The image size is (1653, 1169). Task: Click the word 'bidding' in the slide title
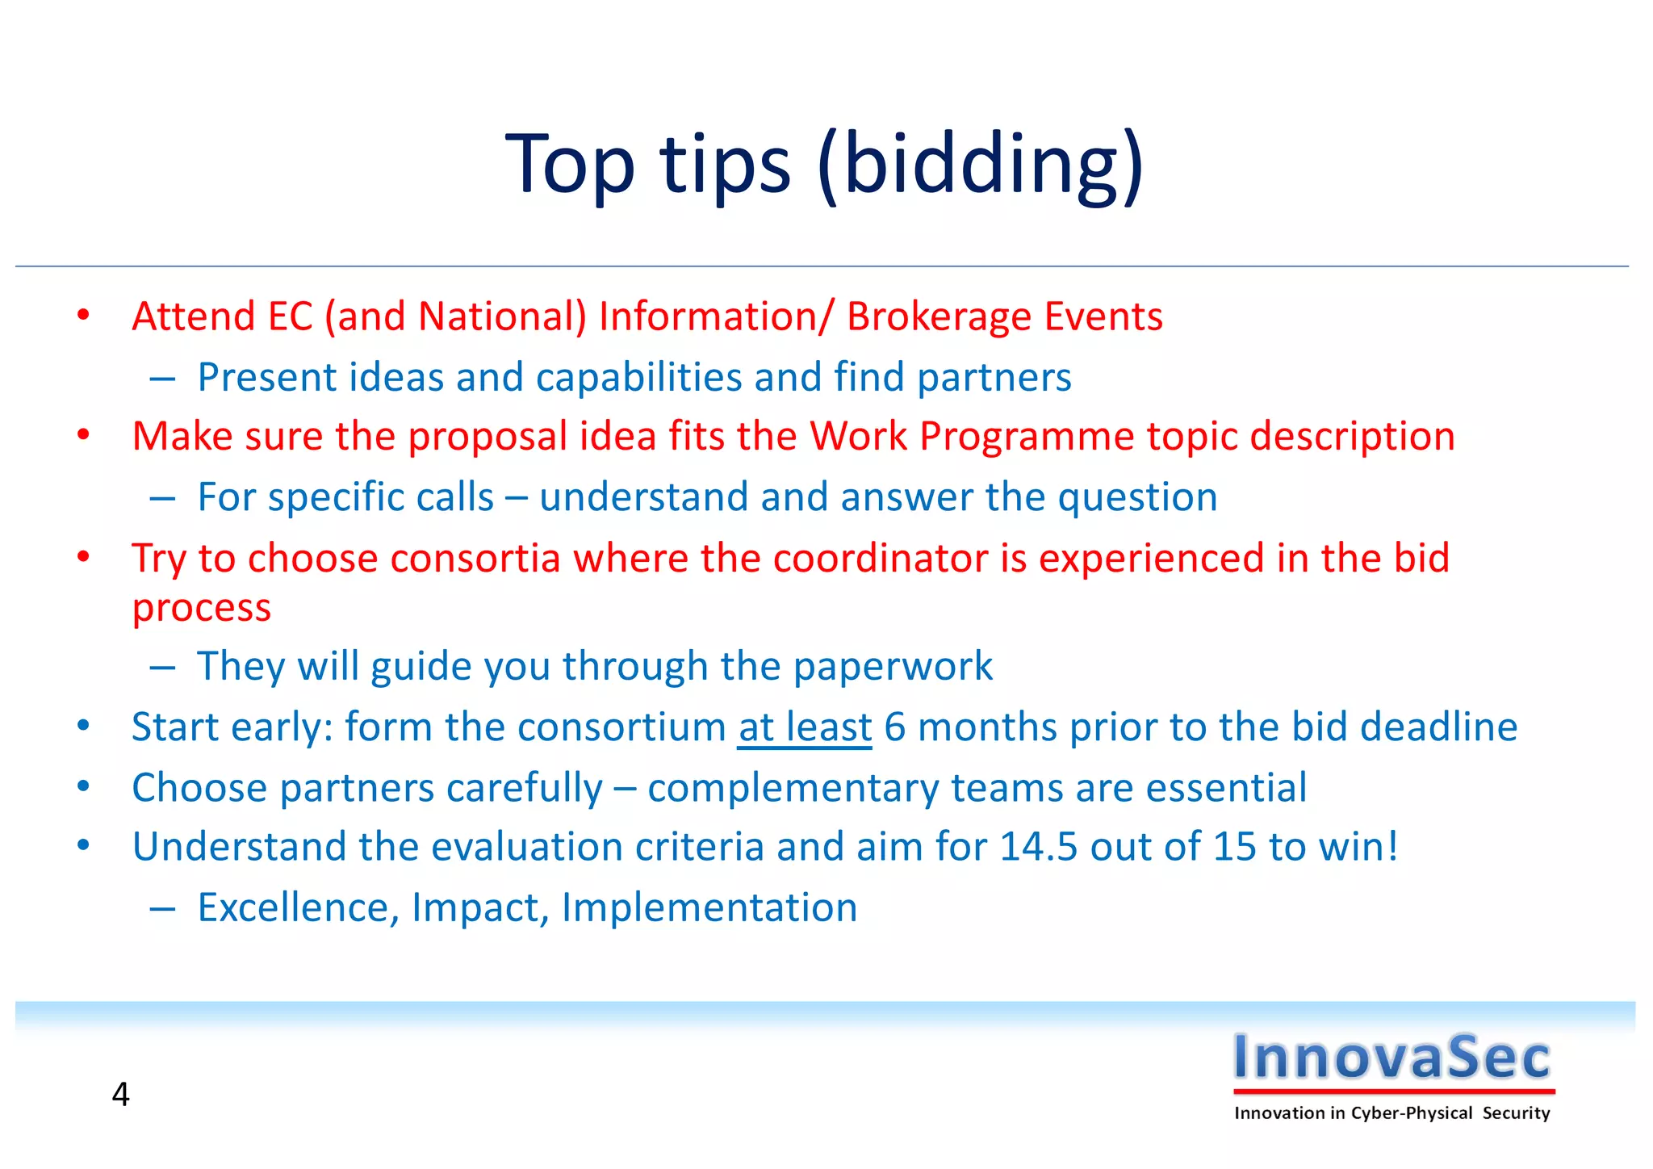pos(978,165)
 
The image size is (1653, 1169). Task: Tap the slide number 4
pos(120,1095)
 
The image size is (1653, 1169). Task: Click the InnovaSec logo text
pos(1392,1057)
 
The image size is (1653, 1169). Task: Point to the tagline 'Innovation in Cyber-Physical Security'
pos(1392,1113)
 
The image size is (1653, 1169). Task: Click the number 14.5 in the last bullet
pos(1038,847)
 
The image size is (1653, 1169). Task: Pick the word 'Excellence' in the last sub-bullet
pos(298,907)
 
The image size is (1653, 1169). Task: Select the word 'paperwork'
pos(893,667)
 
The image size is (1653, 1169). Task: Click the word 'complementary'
pos(793,788)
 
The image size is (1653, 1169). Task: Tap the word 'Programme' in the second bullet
pos(1027,438)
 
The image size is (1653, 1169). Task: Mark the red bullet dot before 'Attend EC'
pos(83,316)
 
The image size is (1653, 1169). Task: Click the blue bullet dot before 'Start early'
pos(83,726)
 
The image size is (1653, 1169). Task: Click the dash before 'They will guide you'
pos(162,667)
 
